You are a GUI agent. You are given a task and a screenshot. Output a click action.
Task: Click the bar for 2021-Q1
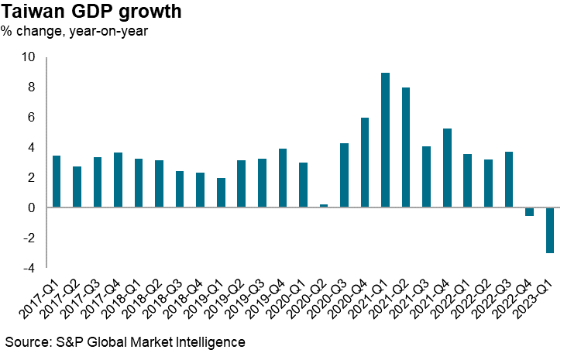(385, 140)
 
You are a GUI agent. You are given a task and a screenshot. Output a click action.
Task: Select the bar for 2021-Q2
(406, 148)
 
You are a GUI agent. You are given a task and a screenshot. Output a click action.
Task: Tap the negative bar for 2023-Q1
(550, 230)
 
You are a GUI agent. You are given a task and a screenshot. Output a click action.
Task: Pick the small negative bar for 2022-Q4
(529, 211)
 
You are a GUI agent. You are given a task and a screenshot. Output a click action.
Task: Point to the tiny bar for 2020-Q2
(324, 206)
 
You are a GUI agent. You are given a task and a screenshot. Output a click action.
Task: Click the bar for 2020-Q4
(365, 163)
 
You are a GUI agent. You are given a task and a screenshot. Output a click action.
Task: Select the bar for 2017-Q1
(57, 182)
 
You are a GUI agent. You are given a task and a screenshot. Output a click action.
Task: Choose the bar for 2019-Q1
(221, 193)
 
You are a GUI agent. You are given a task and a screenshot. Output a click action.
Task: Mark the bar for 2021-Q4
(447, 168)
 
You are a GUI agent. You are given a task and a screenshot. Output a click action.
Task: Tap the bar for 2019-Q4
(283, 178)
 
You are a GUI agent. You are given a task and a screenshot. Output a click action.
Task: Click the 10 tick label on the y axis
(29, 57)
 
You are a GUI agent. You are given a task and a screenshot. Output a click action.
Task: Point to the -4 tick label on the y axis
(29, 269)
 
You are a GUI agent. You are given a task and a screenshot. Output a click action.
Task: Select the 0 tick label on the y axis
(32, 208)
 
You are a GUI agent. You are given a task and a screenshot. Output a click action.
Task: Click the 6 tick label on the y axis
(32, 118)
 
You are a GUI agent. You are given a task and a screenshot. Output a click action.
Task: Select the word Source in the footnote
(24, 341)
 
